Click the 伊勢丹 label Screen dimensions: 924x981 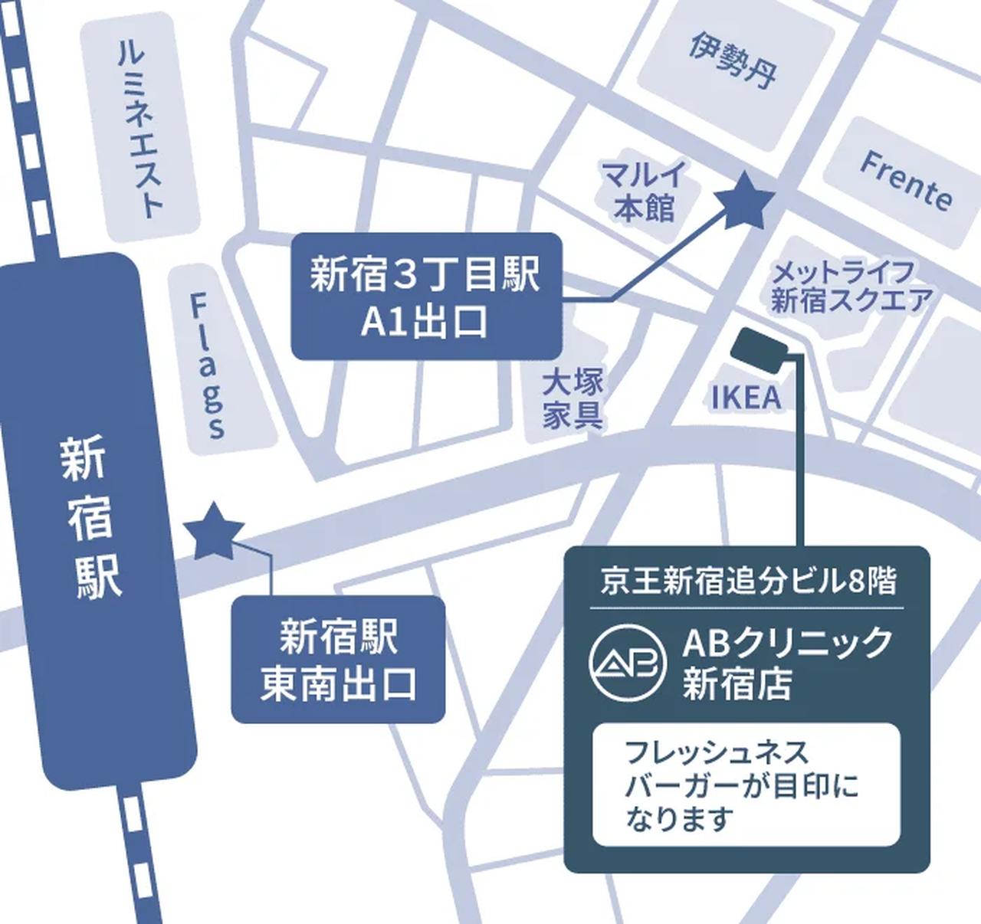tap(732, 60)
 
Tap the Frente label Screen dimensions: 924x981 tap(907, 182)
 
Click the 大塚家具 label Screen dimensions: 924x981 tap(573, 398)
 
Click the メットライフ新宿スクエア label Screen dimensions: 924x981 tap(851, 287)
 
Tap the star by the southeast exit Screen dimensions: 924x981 tap(214, 532)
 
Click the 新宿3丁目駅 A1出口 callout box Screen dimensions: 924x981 tap(426, 297)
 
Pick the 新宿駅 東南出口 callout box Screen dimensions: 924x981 tap(338, 660)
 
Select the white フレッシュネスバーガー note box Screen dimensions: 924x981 tap(746, 785)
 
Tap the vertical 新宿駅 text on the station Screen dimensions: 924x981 tap(90, 518)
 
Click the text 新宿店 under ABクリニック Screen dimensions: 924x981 tap(737, 683)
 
